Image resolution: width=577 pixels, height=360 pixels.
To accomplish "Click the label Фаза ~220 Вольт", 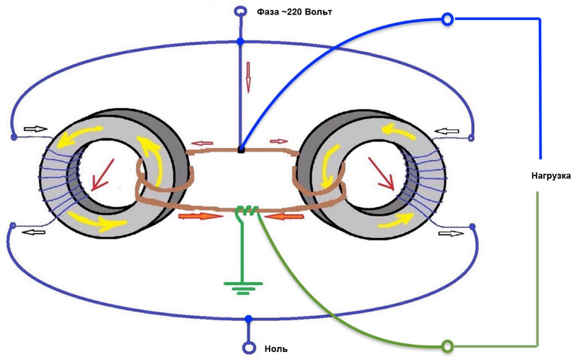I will click(x=295, y=12).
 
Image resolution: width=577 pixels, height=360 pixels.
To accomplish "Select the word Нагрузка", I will click(x=548, y=176).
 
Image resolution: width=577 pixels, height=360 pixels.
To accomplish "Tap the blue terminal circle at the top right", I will click(x=448, y=19).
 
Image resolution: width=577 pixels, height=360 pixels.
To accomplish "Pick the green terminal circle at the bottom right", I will click(x=447, y=347).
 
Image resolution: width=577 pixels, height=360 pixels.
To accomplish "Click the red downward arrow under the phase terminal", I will click(x=248, y=76).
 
